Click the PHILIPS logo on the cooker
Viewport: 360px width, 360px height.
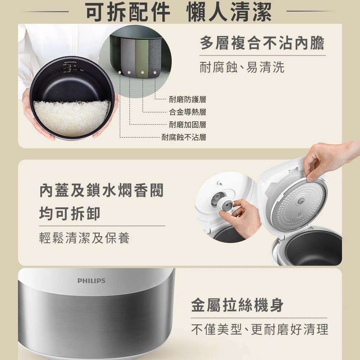[x=91, y=280]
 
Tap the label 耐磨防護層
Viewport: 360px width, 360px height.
[x=187, y=99]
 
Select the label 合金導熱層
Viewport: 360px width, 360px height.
[x=187, y=112]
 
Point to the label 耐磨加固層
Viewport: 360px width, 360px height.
[x=187, y=125]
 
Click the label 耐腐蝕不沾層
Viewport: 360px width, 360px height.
[x=184, y=137]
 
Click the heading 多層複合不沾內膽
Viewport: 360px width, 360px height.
[x=262, y=43]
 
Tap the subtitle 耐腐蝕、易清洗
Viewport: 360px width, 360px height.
[x=242, y=67]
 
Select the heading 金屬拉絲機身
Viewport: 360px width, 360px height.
[x=237, y=305]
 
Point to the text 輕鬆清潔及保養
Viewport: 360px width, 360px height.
[x=85, y=238]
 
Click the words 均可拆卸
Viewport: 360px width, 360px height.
[x=70, y=213]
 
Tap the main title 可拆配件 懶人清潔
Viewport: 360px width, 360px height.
[x=179, y=12]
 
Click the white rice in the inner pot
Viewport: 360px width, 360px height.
[x=71, y=118]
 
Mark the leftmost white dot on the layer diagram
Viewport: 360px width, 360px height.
[x=120, y=72]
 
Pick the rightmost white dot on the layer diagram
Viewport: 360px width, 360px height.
[x=155, y=73]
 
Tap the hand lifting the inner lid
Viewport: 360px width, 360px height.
[x=330, y=161]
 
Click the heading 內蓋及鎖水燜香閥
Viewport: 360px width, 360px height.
[x=101, y=190]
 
